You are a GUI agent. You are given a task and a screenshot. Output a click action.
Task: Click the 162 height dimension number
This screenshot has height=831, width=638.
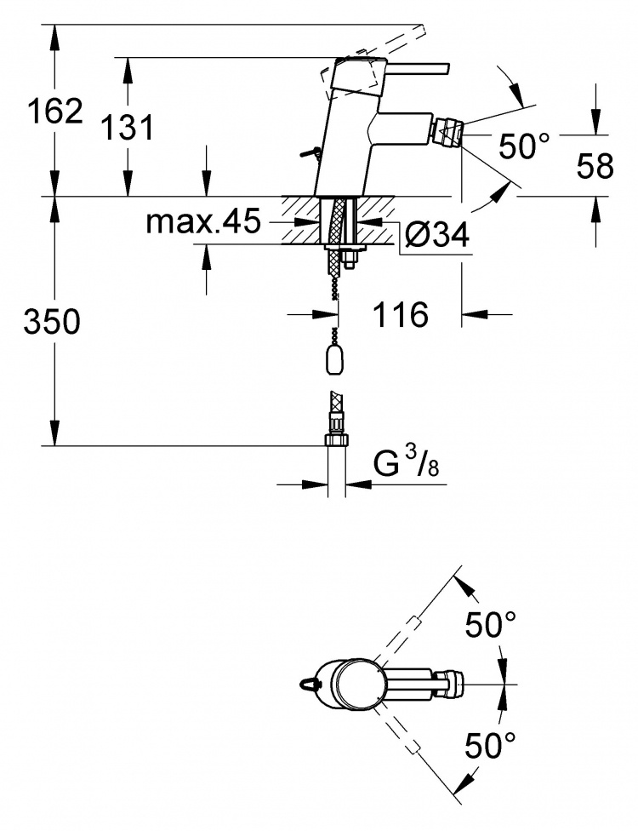[55, 112]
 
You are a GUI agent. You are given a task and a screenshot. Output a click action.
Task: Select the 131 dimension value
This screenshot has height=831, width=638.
[128, 127]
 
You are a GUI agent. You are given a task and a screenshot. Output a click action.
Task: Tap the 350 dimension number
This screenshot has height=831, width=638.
[52, 322]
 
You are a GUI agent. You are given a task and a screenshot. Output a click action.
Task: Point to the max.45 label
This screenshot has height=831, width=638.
[204, 221]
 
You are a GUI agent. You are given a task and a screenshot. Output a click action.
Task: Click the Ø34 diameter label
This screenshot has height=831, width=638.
[436, 234]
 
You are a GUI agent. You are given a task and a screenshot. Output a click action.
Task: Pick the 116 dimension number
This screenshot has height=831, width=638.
[401, 315]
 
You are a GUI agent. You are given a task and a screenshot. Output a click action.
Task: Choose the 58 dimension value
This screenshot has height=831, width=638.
[595, 165]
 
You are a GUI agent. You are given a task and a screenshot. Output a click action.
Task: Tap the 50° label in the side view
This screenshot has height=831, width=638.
[524, 146]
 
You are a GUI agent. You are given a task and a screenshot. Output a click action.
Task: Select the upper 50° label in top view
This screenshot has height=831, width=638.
[490, 624]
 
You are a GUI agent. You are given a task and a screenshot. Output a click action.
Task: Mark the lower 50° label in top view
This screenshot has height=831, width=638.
[490, 746]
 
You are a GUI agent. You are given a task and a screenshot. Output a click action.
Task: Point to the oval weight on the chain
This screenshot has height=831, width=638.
[334, 361]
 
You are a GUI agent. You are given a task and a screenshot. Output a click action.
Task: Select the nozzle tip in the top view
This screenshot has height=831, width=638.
[450, 684]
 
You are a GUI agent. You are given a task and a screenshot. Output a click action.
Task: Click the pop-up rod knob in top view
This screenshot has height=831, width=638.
[307, 684]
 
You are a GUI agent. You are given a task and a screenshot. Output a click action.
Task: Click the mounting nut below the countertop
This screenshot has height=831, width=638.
[350, 261]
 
